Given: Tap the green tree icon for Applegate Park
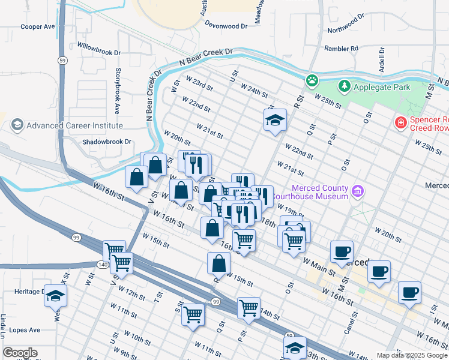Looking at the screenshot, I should point(344,87).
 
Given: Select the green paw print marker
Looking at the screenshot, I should point(312,80).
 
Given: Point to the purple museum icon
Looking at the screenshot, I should point(358,192).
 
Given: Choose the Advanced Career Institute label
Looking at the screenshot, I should point(74,125).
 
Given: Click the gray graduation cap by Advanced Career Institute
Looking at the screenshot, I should point(17,125).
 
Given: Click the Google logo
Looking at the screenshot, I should point(19,353).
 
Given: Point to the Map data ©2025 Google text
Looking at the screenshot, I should point(411,355).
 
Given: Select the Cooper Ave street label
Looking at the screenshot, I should point(37,27).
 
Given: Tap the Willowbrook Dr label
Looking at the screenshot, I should point(99,52).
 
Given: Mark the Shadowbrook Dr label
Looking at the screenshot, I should point(107,142).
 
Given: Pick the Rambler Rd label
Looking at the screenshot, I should point(341,48).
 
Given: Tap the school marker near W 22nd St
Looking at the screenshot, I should point(275,121).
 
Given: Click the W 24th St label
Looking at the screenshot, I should point(254,91).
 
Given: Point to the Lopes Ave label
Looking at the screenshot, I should point(23,330).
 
